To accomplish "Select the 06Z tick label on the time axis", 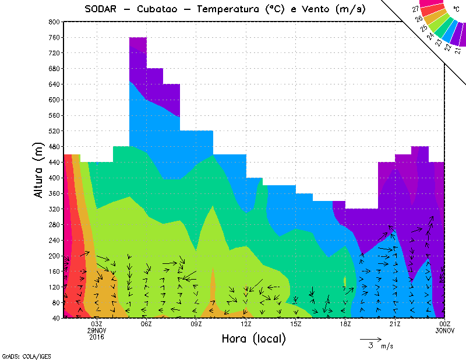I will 146,324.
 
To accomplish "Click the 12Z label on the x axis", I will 246,324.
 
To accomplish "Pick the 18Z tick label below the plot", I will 345,324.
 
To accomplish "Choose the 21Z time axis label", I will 395,324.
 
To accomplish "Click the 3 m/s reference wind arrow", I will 370,338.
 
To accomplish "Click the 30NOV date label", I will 444,330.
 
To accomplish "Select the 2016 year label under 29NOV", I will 97,337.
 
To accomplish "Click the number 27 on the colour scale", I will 416,9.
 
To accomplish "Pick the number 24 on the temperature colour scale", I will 431,36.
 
